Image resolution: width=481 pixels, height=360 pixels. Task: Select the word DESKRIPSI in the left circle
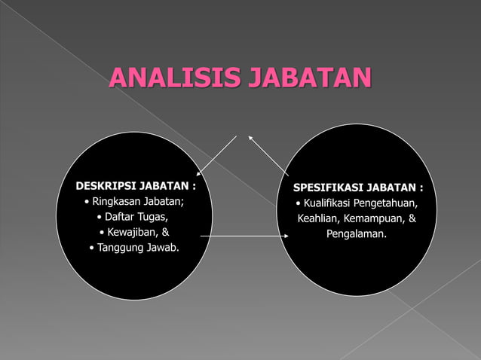click(103, 185)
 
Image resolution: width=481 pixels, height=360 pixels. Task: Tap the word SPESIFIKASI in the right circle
click(326, 187)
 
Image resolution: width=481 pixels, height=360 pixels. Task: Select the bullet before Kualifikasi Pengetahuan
click(299, 204)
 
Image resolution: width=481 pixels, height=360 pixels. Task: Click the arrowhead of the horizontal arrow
click(287, 236)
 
